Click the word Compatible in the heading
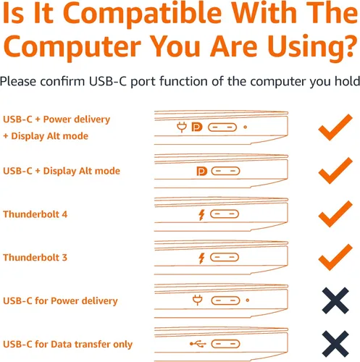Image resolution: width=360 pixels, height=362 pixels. pos(142,14)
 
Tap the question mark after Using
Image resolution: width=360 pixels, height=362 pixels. pos(350,45)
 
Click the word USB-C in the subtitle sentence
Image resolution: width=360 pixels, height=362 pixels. pos(108,81)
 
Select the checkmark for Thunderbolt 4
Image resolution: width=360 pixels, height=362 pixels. pos(335,214)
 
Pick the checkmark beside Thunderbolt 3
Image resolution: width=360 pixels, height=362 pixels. pos(335,257)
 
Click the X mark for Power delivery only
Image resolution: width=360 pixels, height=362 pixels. pos(335,300)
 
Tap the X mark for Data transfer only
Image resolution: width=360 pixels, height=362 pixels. pos(335,344)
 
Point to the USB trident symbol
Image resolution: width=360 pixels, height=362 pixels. pos(198,344)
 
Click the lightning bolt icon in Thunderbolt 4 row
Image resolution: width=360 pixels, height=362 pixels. pos(201,215)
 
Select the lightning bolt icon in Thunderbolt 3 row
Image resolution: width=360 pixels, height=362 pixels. pos(201,258)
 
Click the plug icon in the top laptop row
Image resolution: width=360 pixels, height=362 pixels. pos(182,127)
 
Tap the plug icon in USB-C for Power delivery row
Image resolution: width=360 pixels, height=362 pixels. pos(198,300)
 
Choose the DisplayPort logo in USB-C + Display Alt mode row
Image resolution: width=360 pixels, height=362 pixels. pos(202,171)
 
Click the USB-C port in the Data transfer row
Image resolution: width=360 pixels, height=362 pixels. pos(225,344)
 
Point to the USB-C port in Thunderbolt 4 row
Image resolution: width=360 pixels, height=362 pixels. pos(225,214)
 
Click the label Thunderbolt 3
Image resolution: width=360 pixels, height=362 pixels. pos(35,258)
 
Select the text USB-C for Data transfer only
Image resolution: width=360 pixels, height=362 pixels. pos(67,345)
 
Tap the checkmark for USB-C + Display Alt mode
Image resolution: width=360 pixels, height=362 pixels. pos(335,171)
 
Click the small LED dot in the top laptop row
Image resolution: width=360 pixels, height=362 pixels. pos(245,127)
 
